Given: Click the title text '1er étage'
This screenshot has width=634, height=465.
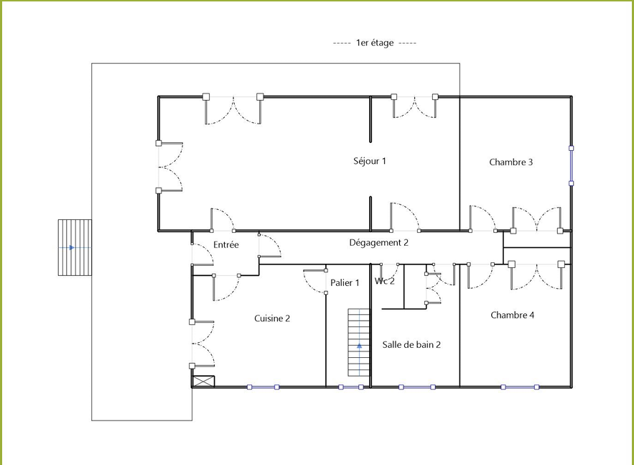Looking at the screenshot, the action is click(374, 43).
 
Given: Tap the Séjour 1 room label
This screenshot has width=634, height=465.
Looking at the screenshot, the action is click(370, 161).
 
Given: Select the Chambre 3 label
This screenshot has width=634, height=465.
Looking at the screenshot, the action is click(511, 162).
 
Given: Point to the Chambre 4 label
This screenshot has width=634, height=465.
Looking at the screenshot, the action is click(512, 315).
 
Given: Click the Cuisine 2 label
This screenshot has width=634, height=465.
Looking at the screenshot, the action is click(272, 318).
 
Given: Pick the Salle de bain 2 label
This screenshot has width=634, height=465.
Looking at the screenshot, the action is click(411, 345).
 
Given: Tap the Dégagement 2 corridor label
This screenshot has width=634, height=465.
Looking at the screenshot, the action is click(379, 243).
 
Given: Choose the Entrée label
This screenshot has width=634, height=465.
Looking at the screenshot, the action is click(226, 245).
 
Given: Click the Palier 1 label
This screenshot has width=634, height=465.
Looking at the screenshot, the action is click(345, 283).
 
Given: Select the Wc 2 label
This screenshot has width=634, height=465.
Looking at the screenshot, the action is click(385, 281).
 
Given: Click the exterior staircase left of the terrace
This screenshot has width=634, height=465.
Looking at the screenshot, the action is click(75, 247).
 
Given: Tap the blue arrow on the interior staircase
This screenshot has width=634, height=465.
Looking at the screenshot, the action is click(360, 346).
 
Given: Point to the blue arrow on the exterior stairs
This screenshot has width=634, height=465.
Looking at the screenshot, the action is click(72, 247).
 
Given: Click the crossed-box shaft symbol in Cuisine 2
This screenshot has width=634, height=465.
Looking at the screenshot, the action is click(203, 381).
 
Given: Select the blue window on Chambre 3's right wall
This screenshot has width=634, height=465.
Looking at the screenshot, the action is click(572, 166).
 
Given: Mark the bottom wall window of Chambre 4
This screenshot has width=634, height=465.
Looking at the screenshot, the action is click(520, 387).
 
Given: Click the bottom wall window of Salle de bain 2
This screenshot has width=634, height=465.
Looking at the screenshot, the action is click(417, 387).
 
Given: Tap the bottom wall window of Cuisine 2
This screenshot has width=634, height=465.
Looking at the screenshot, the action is click(264, 387).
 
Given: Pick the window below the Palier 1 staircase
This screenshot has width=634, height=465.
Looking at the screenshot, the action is click(351, 387).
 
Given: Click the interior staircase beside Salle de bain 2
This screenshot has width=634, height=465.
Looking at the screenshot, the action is click(359, 342).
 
